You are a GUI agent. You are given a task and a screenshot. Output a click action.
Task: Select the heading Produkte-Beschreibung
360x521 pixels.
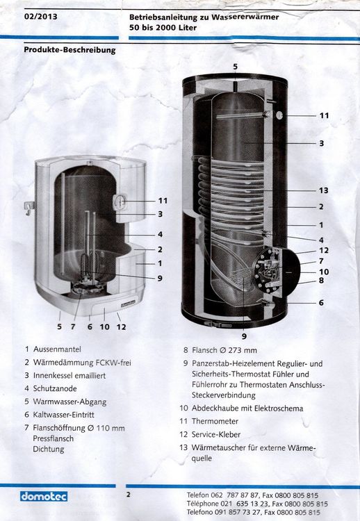click(69, 50)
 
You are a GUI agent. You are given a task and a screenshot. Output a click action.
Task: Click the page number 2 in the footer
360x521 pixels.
click(129, 495)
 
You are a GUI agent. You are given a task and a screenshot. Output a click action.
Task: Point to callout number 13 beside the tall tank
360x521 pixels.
click(323, 190)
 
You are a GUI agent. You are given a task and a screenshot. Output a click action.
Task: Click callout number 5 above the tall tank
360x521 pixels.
click(235, 67)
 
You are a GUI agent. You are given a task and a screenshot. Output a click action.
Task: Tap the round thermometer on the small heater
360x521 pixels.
click(118, 202)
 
